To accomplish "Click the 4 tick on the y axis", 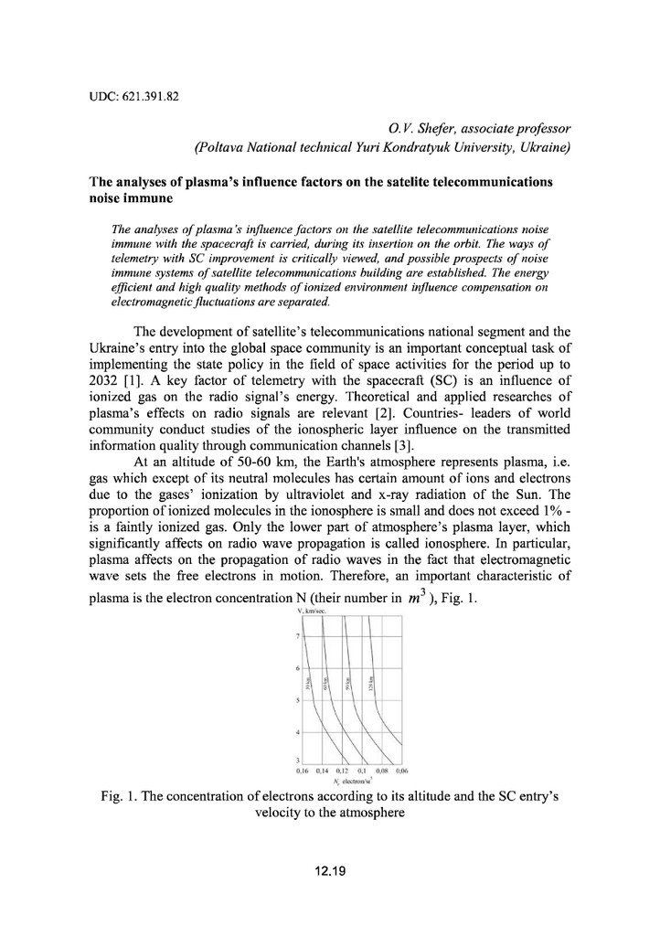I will click(x=298, y=732).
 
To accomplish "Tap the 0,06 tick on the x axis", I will click(x=399, y=771).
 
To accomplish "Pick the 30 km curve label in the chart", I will click(x=311, y=683).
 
